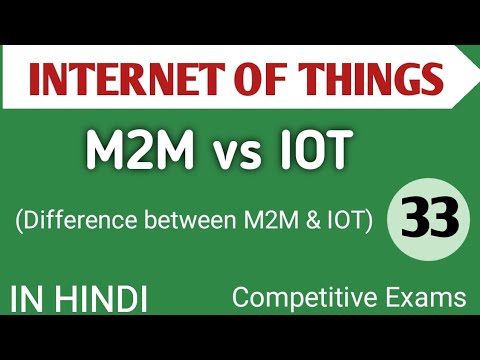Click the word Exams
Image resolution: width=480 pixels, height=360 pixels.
coord(420,298)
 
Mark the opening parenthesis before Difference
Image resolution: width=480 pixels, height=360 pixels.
coord(14,220)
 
